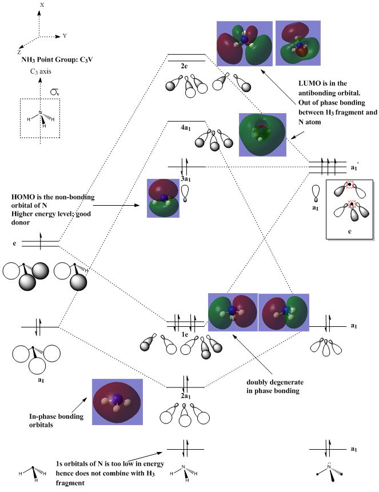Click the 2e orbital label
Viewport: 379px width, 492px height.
click(x=185, y=67)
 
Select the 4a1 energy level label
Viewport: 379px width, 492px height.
click(x=185, y=128)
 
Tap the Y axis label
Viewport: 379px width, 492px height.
click(x=65, y=35)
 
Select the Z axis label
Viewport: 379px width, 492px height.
click(x=19, y=51)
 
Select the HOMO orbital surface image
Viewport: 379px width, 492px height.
click(x=163, y=198)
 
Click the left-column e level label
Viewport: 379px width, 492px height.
click(x=14, y=243)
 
